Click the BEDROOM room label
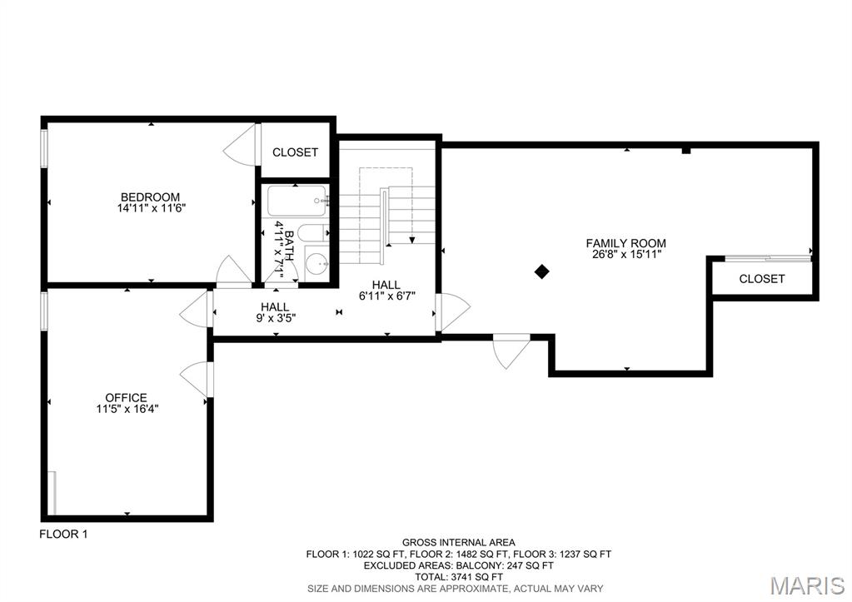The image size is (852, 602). [150, 197]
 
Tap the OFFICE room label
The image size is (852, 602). [126, 397]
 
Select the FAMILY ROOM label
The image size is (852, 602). [625, 243]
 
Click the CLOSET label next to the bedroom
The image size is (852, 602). [295, 152]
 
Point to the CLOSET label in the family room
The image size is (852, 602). [761, 279]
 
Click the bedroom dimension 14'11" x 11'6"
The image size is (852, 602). [150, 208]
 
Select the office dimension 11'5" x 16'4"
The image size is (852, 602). [126, 408]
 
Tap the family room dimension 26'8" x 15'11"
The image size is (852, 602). [625, 255]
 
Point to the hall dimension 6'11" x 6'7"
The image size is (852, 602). [386, 296]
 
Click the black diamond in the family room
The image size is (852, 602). [541, 271]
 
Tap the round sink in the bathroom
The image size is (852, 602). [316, 265]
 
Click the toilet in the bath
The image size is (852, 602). [312, 232]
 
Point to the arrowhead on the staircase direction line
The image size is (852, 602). [411, 241]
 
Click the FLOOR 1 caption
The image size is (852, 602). [63, 535]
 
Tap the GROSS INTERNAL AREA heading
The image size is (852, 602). [458, 542]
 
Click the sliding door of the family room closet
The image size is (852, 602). [766, 257]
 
